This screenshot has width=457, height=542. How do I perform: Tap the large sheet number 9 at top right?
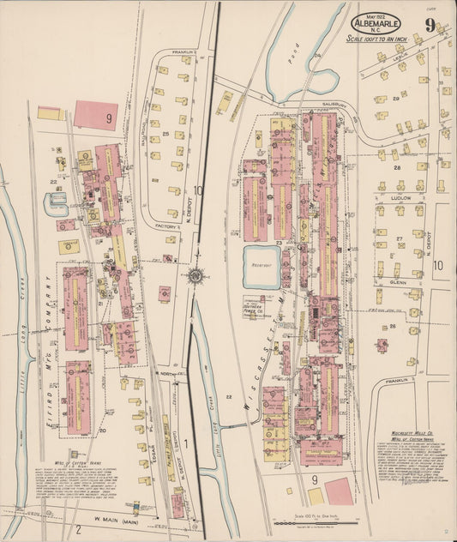[429, 25]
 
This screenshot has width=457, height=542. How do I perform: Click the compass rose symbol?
[195, 276]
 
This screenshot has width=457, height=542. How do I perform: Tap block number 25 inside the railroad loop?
[165, 135]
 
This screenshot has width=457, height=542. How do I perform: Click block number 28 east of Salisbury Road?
[397, 167]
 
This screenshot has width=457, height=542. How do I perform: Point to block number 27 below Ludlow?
[400, 238]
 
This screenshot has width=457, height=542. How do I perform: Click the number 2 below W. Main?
[78, 527]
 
